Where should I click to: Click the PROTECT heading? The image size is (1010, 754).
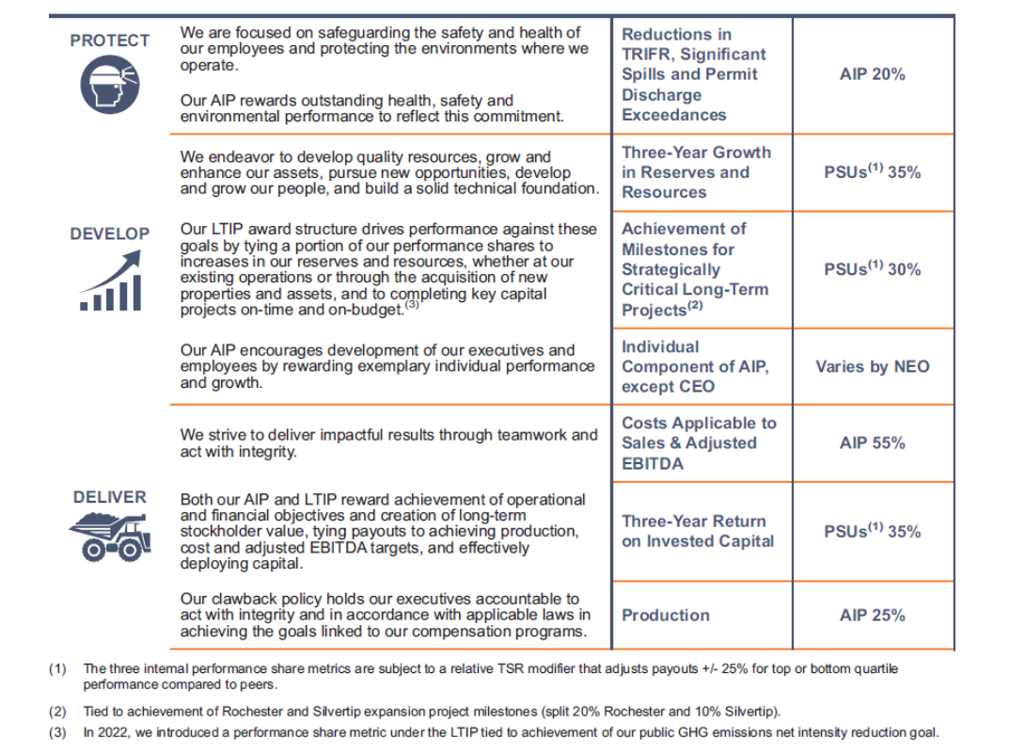click(109, 40)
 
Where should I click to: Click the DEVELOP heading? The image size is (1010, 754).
click(109, 233)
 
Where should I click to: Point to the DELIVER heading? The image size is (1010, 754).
click(109, 497)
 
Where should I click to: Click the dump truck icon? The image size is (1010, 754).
click(109, 537)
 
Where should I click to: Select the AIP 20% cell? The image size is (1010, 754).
click(872, 74)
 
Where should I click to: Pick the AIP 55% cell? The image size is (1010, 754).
click(872, 442)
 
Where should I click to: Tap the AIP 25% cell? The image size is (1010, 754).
click(872, 616)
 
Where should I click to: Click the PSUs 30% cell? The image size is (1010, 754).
click(872, 269)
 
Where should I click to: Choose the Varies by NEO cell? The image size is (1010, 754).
click(872, 366)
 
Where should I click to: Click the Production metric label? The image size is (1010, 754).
click(666, 616)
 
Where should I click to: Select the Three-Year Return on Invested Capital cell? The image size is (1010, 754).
click(697, 531)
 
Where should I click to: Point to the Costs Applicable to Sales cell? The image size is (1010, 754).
click(699, 442)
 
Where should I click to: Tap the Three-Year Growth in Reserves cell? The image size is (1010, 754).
click(695, 172)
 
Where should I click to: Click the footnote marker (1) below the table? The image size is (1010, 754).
click(57, 669)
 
